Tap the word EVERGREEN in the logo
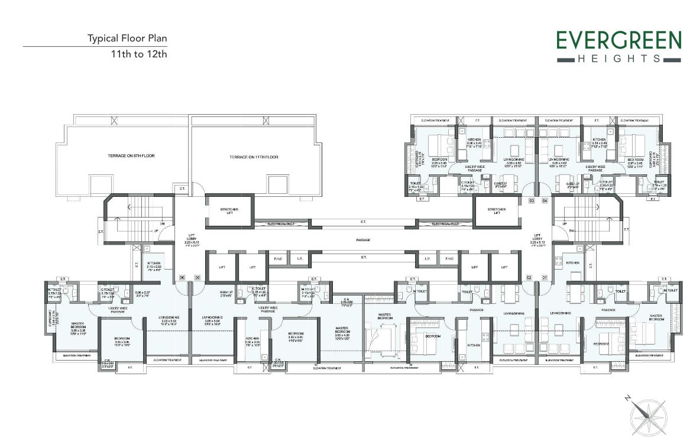pyautogui.click(x=618, y=41)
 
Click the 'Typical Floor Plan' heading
pyautogui.click(x=127, y=39)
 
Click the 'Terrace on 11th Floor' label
pyautogui.click(x=254, y=157)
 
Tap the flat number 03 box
pyautogui.click(x=532, y=201)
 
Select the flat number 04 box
pyautogui.click(x=545, y=201)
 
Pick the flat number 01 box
pyautogui.click(x=545, y=277)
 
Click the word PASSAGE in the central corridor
pyautogui.click(x=363, y=240)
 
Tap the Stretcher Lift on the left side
pyautogui.click(x=229, y=211)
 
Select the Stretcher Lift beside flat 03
pyautogui.click(x=497, y=211)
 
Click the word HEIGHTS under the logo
pyautogui.click(x=618, y=59)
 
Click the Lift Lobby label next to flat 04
pyautogui.click(x=537, y=239)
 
